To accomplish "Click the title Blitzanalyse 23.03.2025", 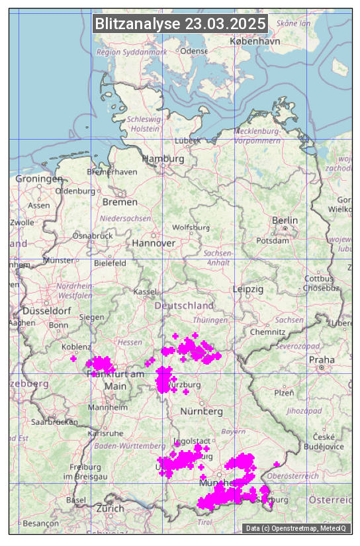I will [x=180, y=24].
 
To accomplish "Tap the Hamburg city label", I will [x=163, y=159].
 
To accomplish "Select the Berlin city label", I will [x=285, y=220].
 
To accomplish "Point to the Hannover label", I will [x=154, y=243].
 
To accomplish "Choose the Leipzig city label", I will [x=248, y=289].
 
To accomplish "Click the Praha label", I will [x=321, y=359].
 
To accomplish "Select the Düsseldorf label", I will [x=46, y=310].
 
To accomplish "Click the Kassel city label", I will [x=144, y=292].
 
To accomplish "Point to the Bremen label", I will [x=120, y=202].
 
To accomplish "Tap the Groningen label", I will [x=39, y=179].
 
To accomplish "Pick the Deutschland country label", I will [x=184, y=306].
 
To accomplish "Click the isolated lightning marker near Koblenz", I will [x=73, y=359].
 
